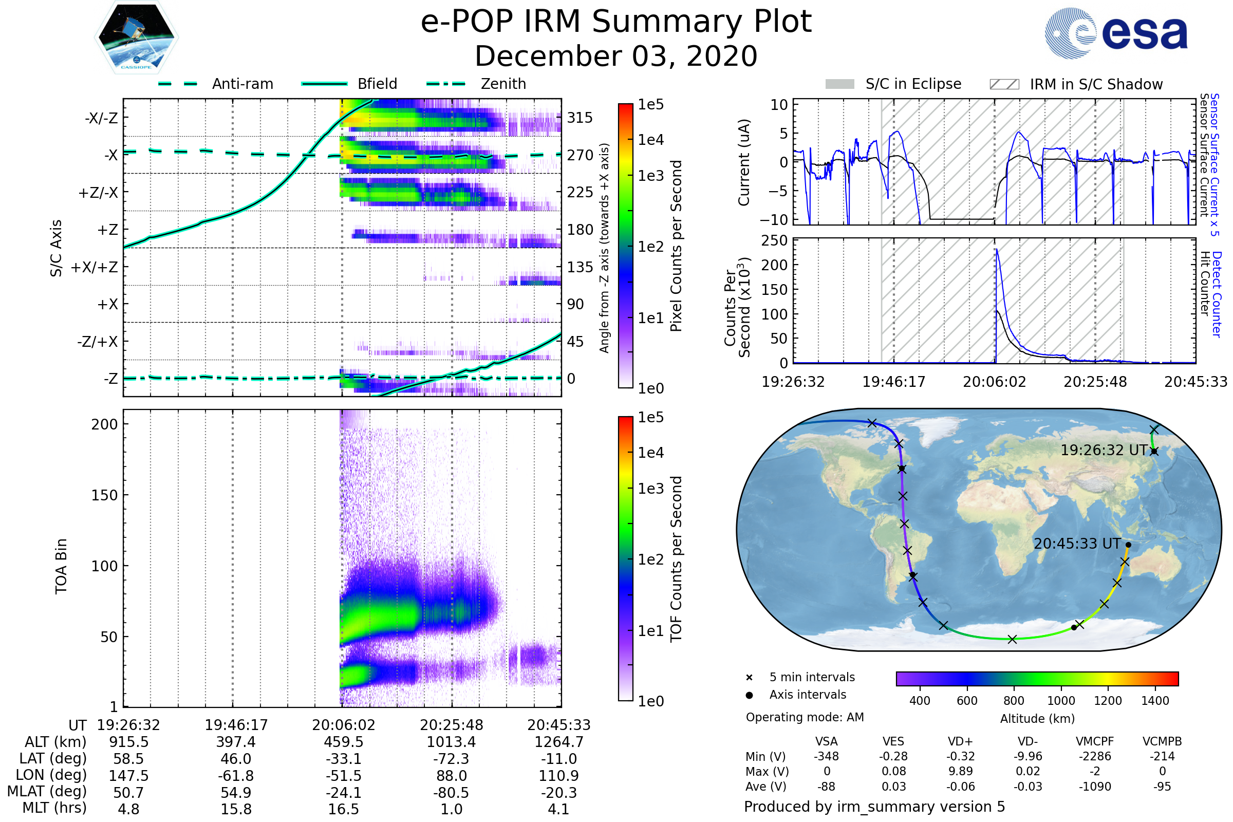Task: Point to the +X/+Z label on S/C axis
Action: [x=95, y=267]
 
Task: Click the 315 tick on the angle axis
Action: [x=580, y=118]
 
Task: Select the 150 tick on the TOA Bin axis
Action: [x=104, y=495]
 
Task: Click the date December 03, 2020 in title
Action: [x=616, y=56]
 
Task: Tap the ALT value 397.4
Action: [x=236, y=742]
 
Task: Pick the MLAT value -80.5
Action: [x=452, y=792]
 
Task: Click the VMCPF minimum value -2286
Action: [x=1095, y=756]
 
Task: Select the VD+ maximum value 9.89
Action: [x=960, y=771]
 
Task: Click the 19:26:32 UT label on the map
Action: [x=1104, y=451]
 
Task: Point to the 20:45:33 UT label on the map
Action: [x=1077, y=544]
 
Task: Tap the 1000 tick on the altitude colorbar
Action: [x=1061, y=701]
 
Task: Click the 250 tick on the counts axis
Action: [x=774, y=240]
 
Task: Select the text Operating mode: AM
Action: [x=805, y=717]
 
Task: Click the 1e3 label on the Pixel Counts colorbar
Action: [x=650, y=176]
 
